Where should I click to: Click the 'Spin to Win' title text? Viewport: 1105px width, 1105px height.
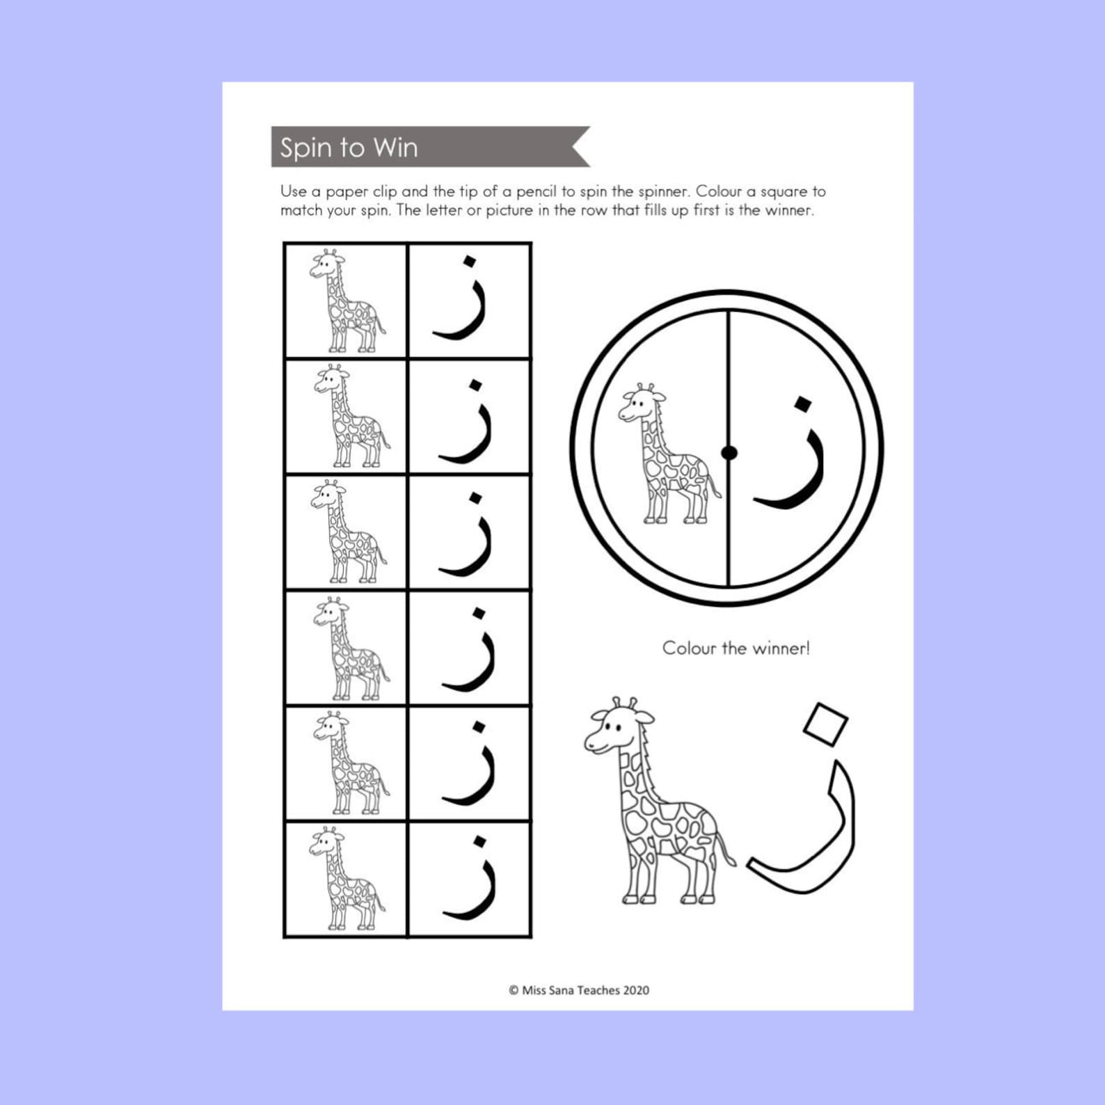349,148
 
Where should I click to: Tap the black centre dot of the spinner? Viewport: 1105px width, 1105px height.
729,453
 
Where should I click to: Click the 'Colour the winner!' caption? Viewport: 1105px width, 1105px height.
736,649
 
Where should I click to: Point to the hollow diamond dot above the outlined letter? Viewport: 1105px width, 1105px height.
825,724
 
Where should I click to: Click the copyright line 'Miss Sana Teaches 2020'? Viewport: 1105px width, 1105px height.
579,990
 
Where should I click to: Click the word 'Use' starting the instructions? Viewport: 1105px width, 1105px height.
293,191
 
